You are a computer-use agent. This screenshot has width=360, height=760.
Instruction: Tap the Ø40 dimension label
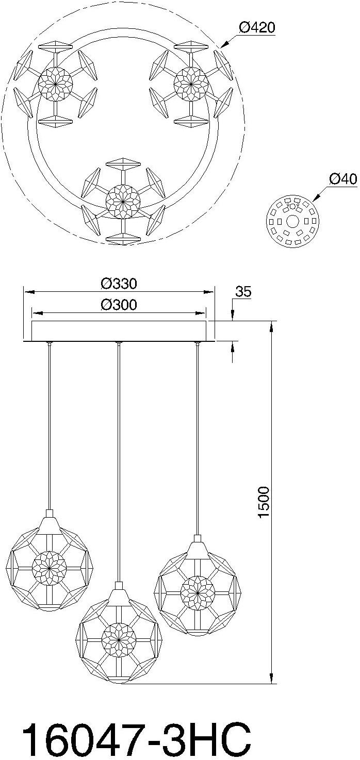pos(342,179)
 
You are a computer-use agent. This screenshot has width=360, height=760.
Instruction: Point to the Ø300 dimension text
pos(119,305)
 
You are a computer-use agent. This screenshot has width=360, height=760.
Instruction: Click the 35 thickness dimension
pos(243,291)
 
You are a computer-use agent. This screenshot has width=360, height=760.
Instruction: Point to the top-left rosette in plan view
pos(56,82)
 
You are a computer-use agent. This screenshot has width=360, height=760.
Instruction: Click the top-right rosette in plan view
pos(191,82)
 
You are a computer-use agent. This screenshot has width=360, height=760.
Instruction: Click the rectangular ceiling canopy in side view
pos(119,331)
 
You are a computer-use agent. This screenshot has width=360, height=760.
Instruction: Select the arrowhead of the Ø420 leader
pos(222,47)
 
